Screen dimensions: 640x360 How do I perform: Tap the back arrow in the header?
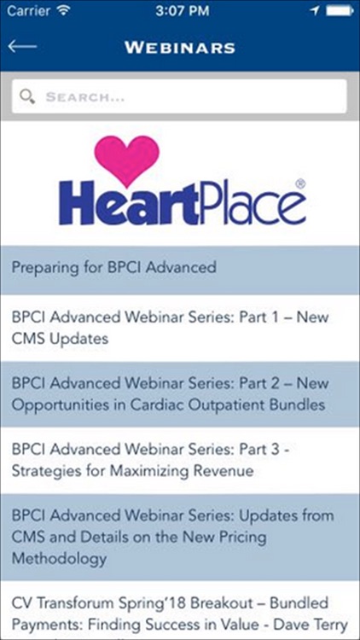click(22, 46)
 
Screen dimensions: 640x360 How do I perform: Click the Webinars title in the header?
click(179, 47)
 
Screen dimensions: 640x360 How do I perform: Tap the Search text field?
click(188, 96)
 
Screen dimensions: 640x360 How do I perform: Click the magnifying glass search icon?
click(28, 96)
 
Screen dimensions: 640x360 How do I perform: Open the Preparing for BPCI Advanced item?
click(114, 267)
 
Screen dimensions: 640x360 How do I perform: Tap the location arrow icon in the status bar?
click(313, 12)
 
